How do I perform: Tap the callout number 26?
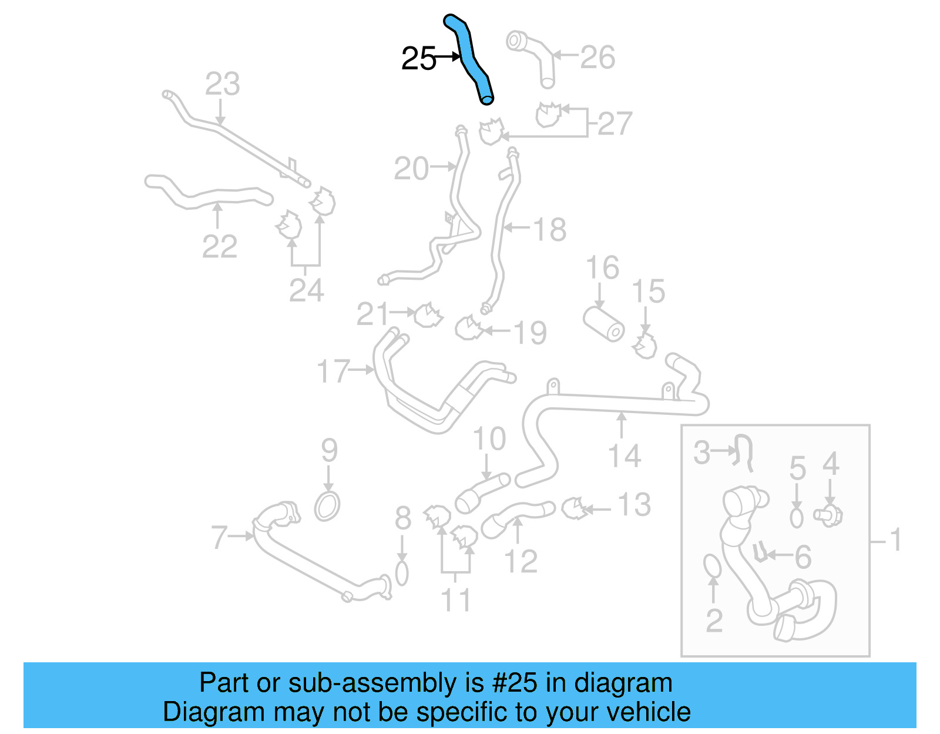[x=597, y=58]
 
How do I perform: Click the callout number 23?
[x=222, y=84]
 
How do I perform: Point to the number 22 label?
[x=220, y=246]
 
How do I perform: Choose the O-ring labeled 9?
[x=327, y=506]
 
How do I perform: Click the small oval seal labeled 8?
[x=402, y=574]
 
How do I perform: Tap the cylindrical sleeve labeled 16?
[x=604, y=323]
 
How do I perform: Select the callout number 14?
[x=624, y=456]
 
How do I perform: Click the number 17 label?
[x=333, y=371]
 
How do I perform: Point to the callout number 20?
[x=411, y=169]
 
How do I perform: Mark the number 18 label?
[x=550, y=229]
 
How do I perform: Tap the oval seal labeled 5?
[x=797, y=518]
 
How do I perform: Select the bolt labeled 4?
[x=829, y=515]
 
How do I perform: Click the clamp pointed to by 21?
[x=428, y=316]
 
